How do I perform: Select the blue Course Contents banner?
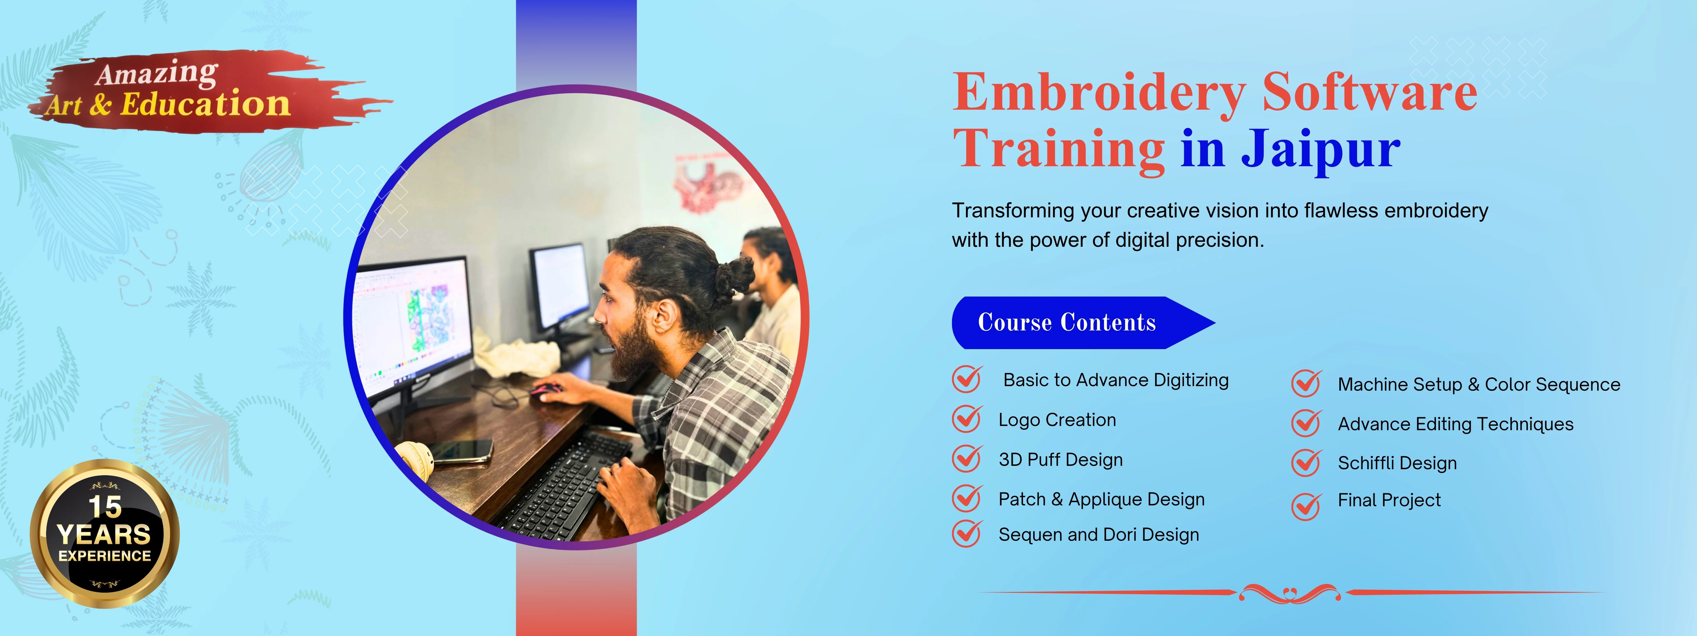(1067, 323)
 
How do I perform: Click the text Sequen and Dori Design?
(1098, 535)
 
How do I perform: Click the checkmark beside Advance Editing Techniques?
(1306, 423)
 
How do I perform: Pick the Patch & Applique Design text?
(1101, 499)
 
